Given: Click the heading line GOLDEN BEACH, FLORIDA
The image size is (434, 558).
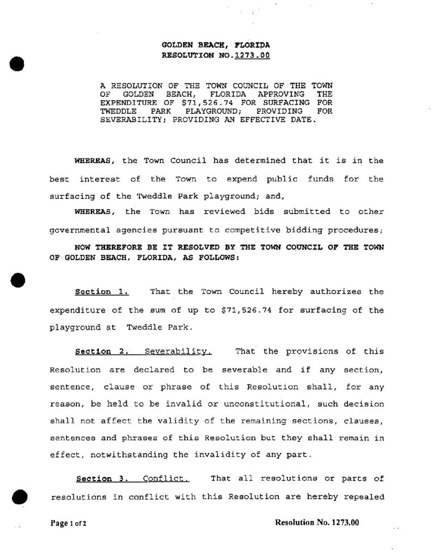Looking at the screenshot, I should tap(216, 45).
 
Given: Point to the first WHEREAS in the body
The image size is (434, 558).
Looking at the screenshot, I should tap(93, 161).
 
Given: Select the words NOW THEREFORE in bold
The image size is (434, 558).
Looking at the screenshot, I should tap(111, 247).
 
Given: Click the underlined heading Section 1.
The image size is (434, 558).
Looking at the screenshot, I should tap(101, 292).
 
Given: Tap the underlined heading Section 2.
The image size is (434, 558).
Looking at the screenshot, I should tap(101, 351).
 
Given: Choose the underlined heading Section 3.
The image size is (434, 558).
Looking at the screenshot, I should tap(101, 479).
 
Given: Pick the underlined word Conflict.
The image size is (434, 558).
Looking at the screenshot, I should tap(166, 479).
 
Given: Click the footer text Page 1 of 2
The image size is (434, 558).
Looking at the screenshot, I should tap(69, 523).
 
